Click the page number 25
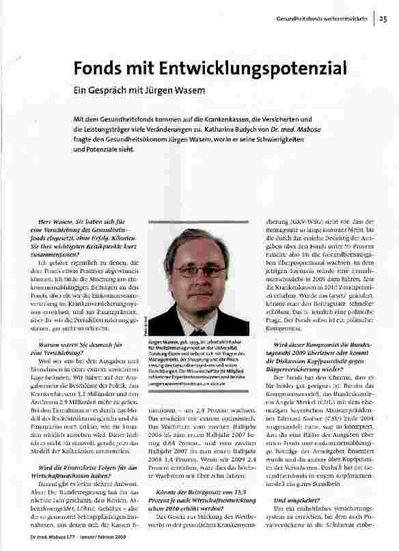click(x=383, y=19)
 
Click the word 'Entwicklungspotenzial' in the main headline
click(x=234, y=69)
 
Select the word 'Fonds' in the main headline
click(x=98, y=69)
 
